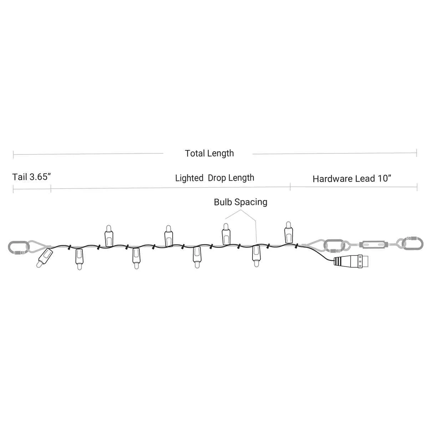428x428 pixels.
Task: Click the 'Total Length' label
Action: [x=209, y=153]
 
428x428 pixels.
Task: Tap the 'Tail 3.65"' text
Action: [x=31, y=177]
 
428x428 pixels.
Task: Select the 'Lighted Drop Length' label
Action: [x=215, y=178]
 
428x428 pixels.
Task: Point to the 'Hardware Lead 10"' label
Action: [x=352, y=179]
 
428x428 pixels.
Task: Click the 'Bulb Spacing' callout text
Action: [x=240, y=202]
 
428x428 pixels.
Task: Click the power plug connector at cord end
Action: [x=351, y=261]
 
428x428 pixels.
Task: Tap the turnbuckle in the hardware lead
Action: [x=373, y=245]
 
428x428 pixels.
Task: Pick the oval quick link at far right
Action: [x=412, y=244]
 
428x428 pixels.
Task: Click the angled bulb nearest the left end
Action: [x=45, y=258]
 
